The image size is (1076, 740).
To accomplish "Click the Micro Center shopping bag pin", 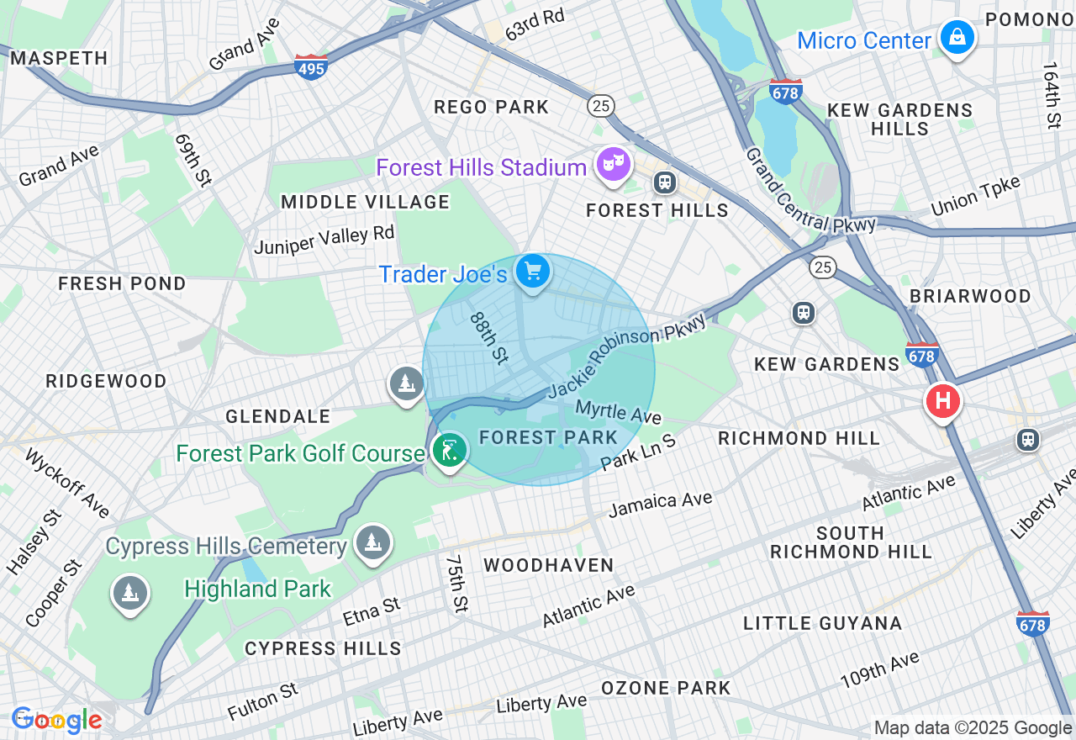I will tap(957, 38).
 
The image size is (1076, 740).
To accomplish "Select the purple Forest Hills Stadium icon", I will tap(613, 165).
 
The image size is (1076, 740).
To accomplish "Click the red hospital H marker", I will tap(942, 401).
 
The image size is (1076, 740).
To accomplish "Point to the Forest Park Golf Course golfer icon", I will tap(450, 452).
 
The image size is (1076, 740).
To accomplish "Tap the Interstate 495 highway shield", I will tap(311, 67).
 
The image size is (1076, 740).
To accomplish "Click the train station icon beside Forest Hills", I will tap(665, 182).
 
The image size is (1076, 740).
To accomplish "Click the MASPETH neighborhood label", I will tap(59, 58).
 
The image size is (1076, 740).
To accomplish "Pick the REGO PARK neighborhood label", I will tap(491, 107).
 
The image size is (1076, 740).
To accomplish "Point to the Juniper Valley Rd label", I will tap(324, 240).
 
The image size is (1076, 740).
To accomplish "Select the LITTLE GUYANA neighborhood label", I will tap(822, 623).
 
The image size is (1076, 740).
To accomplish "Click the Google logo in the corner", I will tap(56, 720).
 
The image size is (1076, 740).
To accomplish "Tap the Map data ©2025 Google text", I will tap(973, 727).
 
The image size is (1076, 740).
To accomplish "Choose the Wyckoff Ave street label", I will tap(66, 484).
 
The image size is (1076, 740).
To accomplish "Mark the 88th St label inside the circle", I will tap(489, 338).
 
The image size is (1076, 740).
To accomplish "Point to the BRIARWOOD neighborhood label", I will tap(970, 296).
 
